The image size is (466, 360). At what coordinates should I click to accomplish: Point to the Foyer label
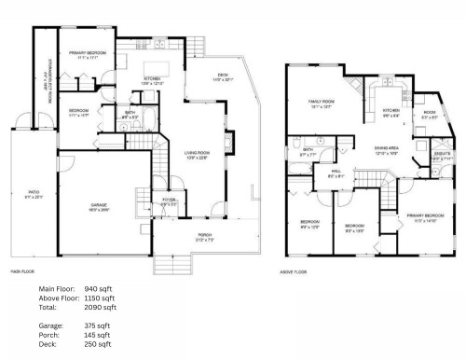click(x=169, y=201)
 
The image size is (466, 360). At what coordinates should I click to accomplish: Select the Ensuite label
click(x=442, y=157)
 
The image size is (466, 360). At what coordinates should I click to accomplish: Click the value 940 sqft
click(x=99, y=289)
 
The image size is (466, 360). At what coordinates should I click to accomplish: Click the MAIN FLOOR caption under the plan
click(x=21, y=271)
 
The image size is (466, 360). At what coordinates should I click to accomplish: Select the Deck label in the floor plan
click(x=221, y=79)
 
